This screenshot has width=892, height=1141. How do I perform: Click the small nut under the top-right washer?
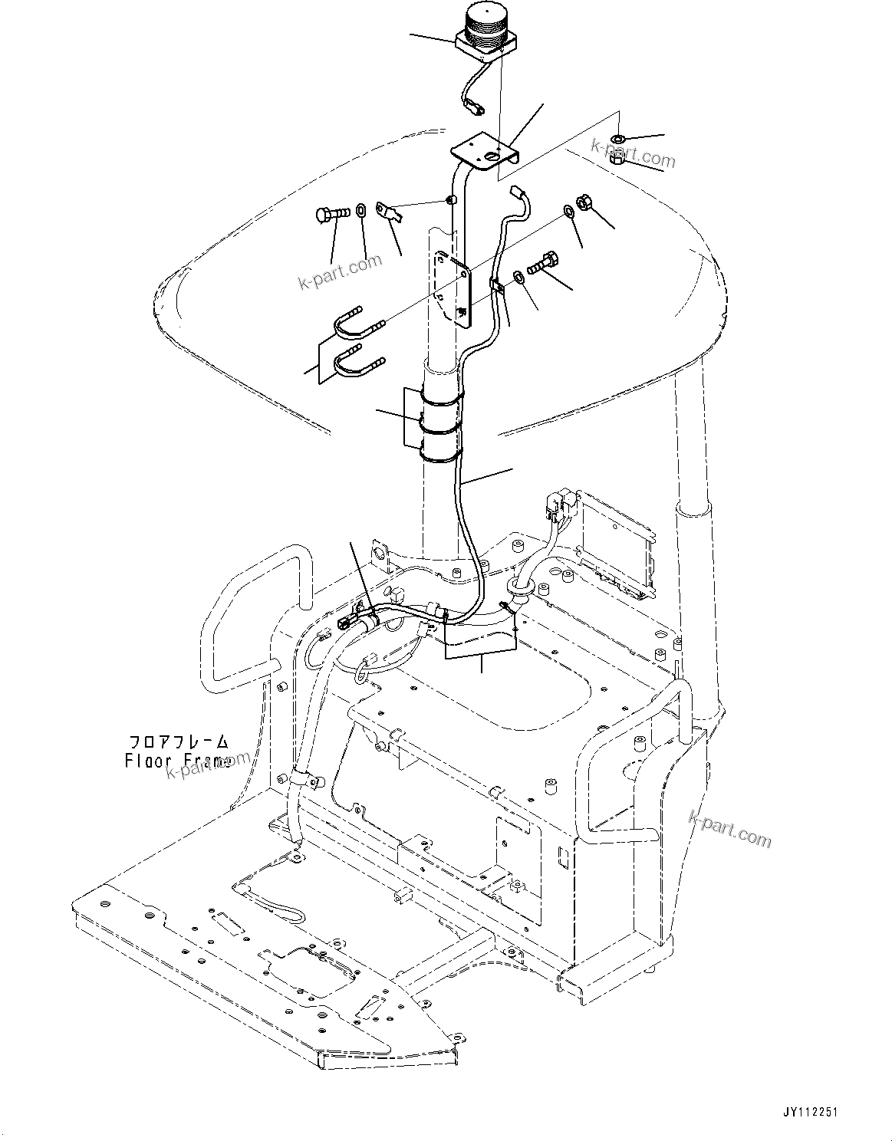[618, 160]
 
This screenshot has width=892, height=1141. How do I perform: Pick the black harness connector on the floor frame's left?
[347, 622]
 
